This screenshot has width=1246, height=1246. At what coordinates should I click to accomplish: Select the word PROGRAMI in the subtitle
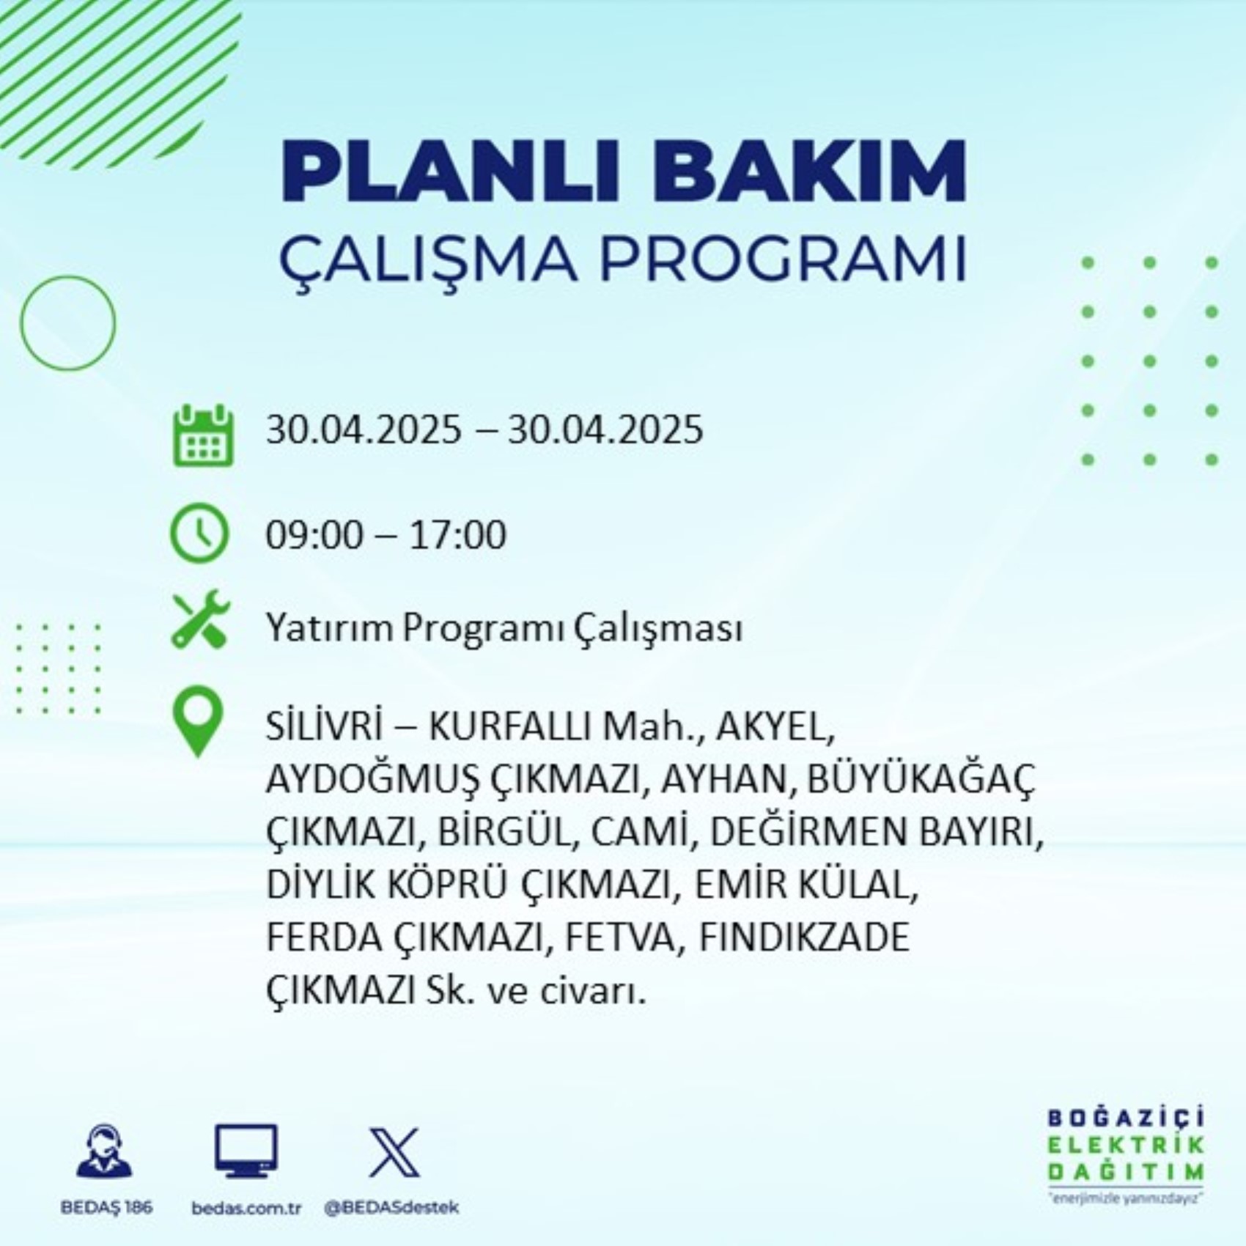783,259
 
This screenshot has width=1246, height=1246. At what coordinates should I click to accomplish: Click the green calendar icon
203,435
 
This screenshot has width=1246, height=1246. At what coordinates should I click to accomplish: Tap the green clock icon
199,533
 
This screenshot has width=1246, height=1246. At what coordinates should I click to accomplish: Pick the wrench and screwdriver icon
200,619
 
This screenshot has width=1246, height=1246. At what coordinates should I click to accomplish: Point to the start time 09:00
314,534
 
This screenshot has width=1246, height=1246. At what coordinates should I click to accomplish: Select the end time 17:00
457,534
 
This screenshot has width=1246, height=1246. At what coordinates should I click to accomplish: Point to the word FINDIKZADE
804,938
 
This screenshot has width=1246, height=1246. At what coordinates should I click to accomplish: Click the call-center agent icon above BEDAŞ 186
105,1152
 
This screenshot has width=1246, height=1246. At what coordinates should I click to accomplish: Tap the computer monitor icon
246,1151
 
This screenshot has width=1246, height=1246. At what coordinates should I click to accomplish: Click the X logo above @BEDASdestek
394,1152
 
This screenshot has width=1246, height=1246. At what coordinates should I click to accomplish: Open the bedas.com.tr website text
246,1209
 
